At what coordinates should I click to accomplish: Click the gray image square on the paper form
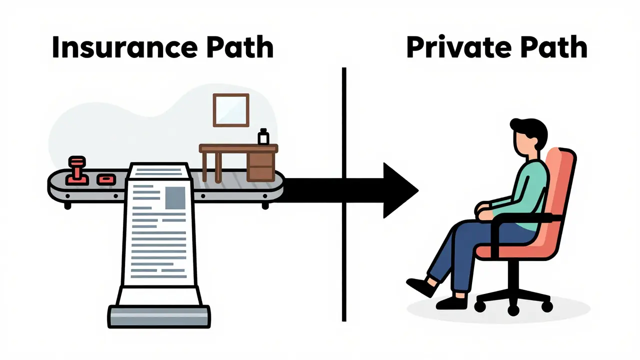click(x=175, y=197)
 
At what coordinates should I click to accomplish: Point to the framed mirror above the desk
click(x=231, y=110)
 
